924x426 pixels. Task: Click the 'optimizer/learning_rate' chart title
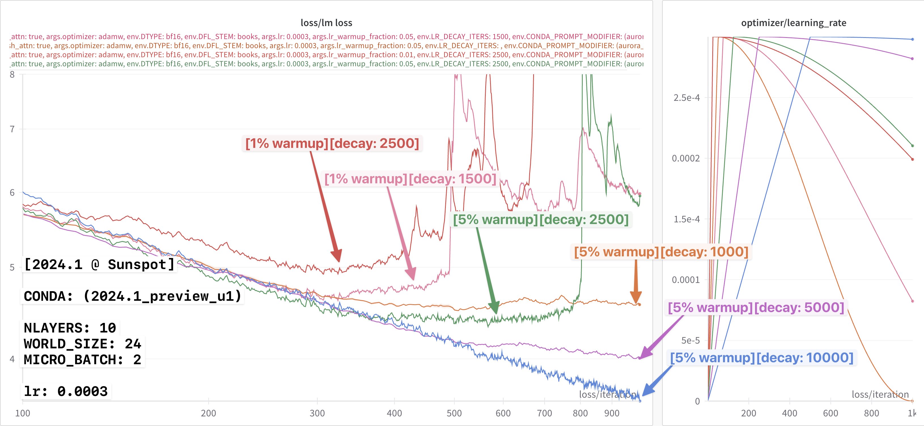click(793, 23)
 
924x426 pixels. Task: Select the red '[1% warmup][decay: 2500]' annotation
click(332, 143)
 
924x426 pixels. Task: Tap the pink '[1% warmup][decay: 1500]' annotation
click(410, 178)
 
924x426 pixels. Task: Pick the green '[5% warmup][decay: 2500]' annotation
click(541, 220)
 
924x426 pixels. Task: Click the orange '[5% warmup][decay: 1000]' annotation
click(661, 252)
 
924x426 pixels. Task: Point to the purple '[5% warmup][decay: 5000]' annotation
click(756, 307)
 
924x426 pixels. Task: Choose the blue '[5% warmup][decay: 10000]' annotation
click(762, 357)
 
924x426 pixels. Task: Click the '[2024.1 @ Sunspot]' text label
click(99, 265)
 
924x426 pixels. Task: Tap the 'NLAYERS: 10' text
click(70, 328)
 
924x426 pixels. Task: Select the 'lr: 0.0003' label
click(66, 391)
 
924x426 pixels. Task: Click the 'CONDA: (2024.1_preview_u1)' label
click(132, 296)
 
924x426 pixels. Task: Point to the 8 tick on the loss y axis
click(12, 74)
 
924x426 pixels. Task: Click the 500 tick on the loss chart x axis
click(454, 413)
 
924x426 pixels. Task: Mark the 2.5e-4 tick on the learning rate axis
click(686, 97)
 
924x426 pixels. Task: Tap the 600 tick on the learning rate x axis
click(830, 413)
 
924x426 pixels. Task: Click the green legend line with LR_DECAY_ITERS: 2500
click(327, 64)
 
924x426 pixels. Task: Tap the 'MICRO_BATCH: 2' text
click(82, 359)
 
